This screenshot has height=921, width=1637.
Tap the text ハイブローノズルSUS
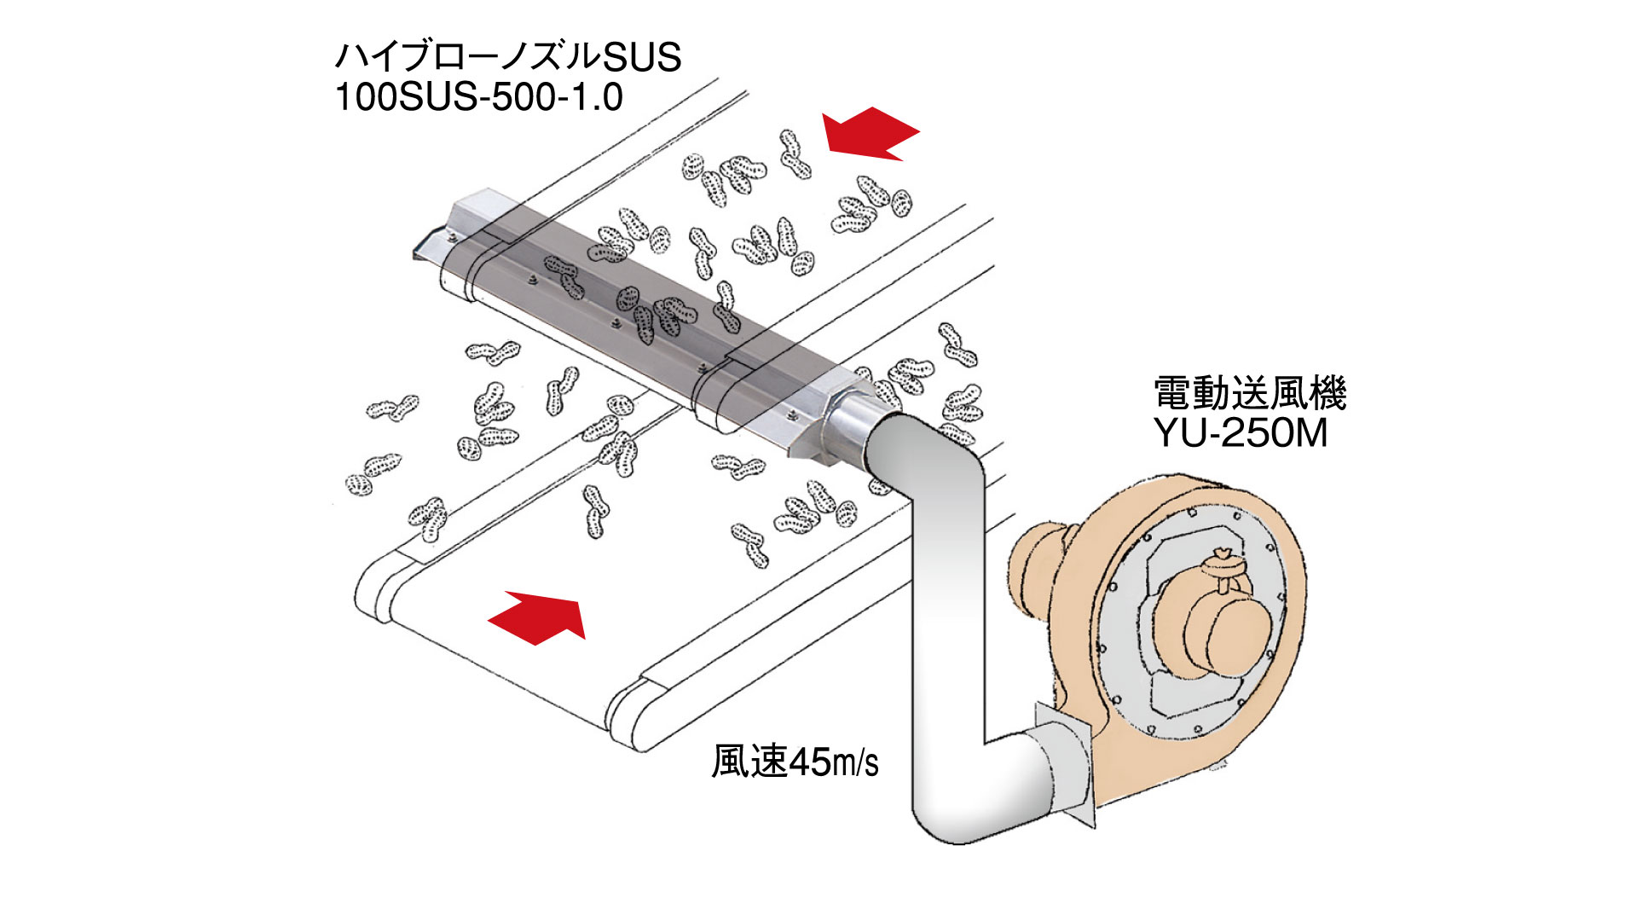coord(508,57)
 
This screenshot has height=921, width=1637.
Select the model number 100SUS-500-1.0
coord(478,97)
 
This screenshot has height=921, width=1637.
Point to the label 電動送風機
coord(1249,394)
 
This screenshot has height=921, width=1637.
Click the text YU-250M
coord(1241,433)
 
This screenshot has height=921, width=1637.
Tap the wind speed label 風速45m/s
coord(795,762)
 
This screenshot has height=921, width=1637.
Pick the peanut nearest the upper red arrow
coord(795,153)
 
